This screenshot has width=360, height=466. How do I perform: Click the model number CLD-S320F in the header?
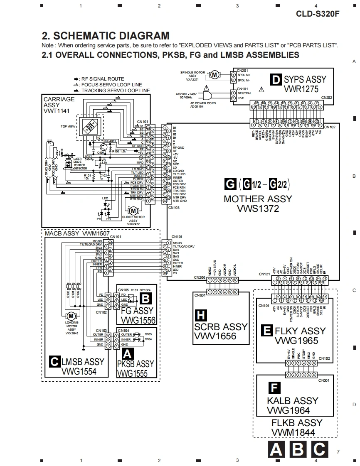tap(318, 13)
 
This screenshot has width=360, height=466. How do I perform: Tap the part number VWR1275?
tap(301, 89)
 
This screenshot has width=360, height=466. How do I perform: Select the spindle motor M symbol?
tap(215, 75)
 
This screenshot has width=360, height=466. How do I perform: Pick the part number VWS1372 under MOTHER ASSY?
tap(258, 209)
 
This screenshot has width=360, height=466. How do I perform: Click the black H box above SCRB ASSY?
tap(201, 316)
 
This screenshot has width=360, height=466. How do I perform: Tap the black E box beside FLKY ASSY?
tap(266, 331)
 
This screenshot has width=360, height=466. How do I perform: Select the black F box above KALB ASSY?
tap(273, 388)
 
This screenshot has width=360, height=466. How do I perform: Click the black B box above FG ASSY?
tap(145, 298)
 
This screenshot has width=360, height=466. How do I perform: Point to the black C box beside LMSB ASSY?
tap(54, 361)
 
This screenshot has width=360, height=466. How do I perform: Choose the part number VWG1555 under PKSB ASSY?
tap(132, 373)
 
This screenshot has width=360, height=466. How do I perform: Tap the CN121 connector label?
tap(264, 274)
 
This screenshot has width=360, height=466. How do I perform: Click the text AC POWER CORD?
tap(201, 103)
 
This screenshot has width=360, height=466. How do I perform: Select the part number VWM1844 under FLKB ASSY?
tap(293, 432)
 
